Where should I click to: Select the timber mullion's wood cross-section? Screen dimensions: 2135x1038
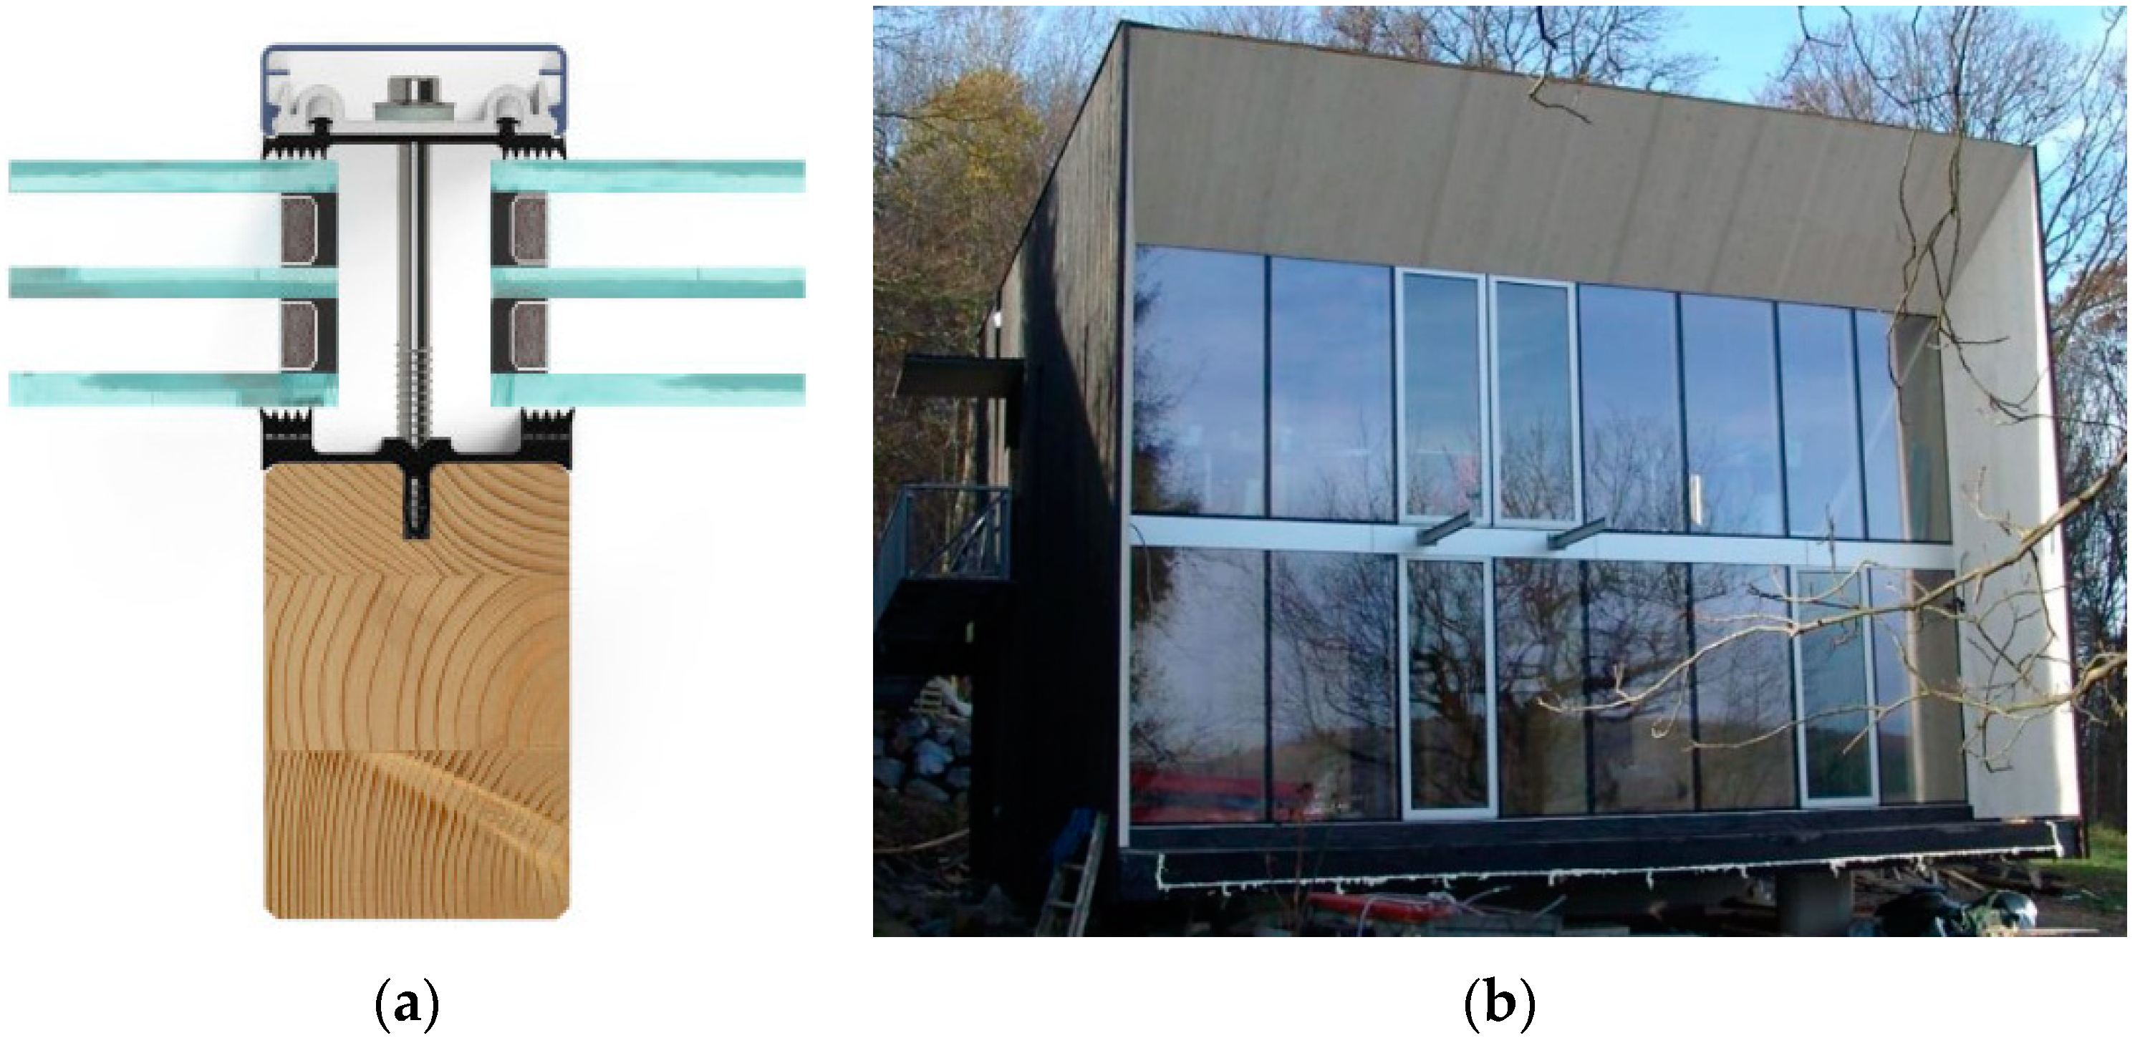point(416,704)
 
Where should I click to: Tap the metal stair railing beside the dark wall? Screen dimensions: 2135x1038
point(945,530)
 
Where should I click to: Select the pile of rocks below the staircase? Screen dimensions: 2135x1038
point(920,754)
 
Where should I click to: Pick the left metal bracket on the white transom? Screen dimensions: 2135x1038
point(1446,528)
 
